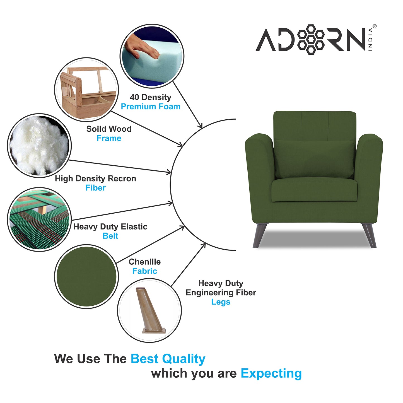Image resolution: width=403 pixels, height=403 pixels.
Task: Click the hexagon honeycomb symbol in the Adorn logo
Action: coord(311,39)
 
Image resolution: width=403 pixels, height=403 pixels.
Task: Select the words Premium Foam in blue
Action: coord(151,107)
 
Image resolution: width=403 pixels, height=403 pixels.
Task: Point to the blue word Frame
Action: coord(109,138)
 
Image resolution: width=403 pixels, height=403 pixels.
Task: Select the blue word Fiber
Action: coord(95,188)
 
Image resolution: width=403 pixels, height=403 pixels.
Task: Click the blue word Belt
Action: coord(110,236)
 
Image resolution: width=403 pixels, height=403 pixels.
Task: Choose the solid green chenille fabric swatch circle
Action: coord(86,276)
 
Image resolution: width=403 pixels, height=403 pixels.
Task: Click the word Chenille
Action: coord(144,262)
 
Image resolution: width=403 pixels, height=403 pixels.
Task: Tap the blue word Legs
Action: coord(221,302)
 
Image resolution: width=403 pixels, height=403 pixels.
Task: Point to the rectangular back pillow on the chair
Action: coord(314,159)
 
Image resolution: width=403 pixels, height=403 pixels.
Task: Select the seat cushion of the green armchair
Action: coord(314,190)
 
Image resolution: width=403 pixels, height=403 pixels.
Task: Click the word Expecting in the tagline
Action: coord(271,373)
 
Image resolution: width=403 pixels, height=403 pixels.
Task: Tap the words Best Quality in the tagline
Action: coord(168,359)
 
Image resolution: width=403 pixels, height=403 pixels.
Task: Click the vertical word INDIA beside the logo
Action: coord(370,40)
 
